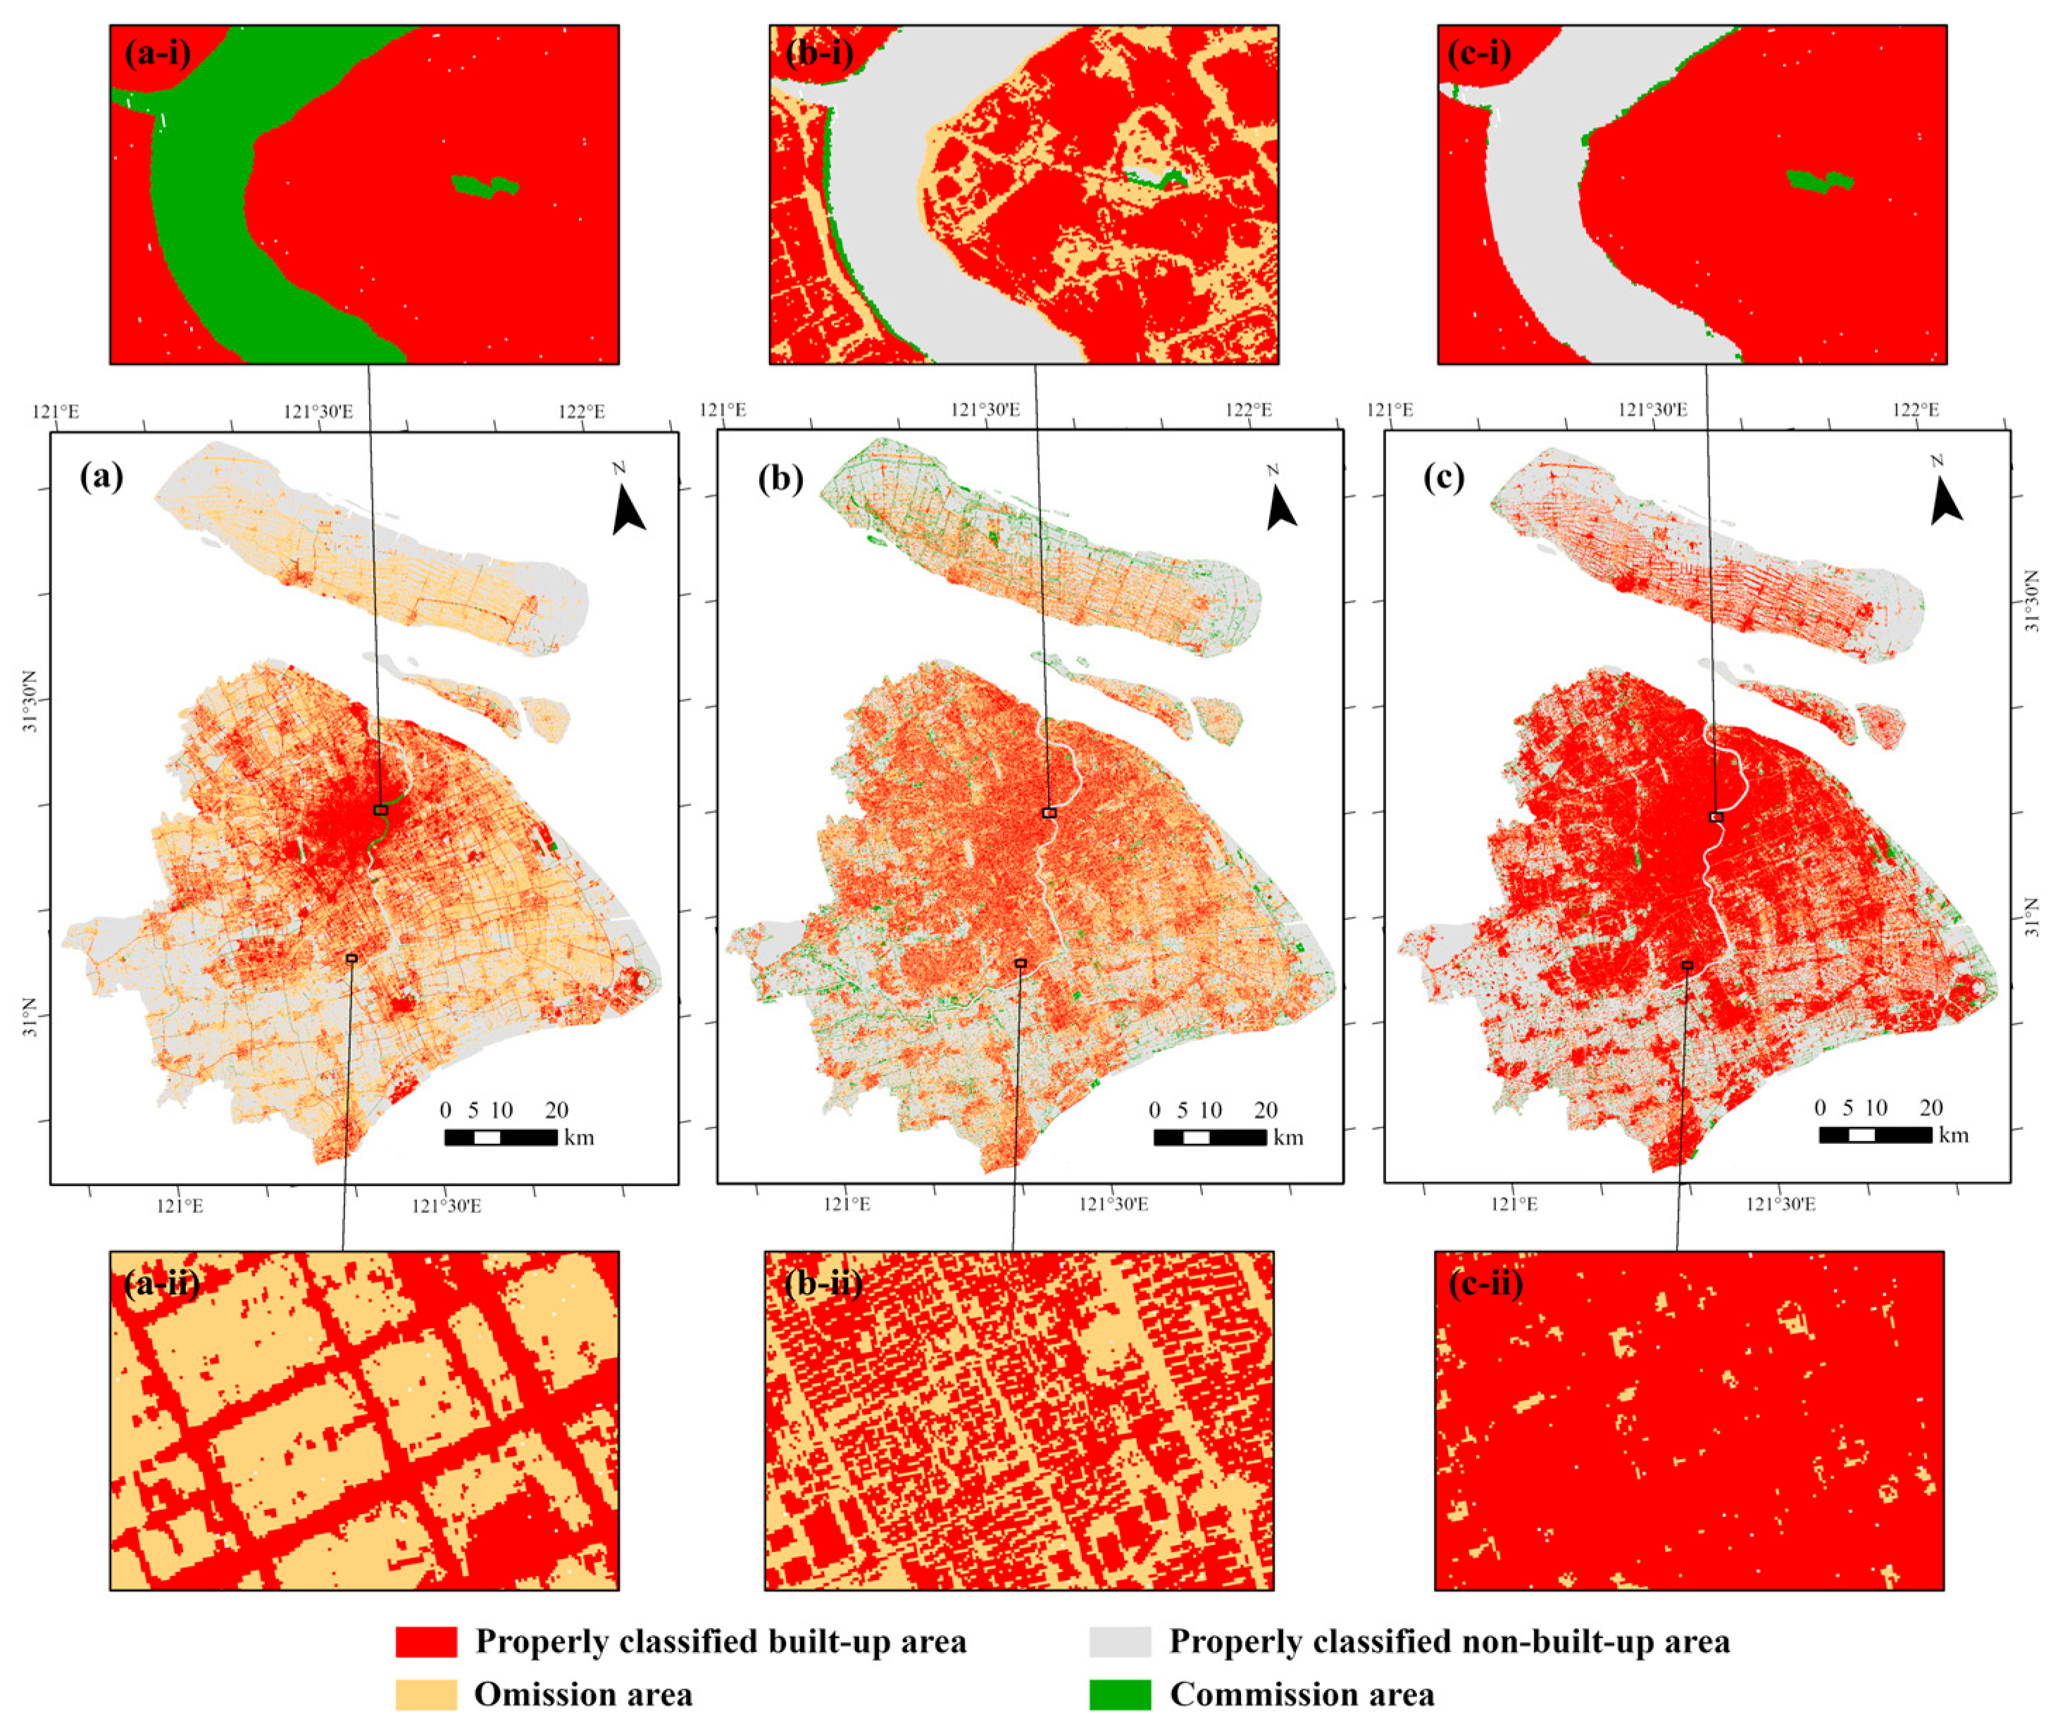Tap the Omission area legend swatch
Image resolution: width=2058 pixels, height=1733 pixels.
[425, 1695]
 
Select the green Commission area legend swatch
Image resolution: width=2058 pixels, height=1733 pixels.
[1119, 1695]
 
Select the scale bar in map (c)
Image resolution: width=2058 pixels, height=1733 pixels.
[1875, 1135]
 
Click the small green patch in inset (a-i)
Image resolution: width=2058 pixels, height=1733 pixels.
[485, 186]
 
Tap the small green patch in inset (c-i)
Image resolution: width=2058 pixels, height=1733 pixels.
[1819, 181]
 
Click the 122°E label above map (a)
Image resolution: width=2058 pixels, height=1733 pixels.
[582, 410]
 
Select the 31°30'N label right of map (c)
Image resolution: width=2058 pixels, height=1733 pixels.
[2036, 599]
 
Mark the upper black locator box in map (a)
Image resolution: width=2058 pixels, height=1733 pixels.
[380, 810]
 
